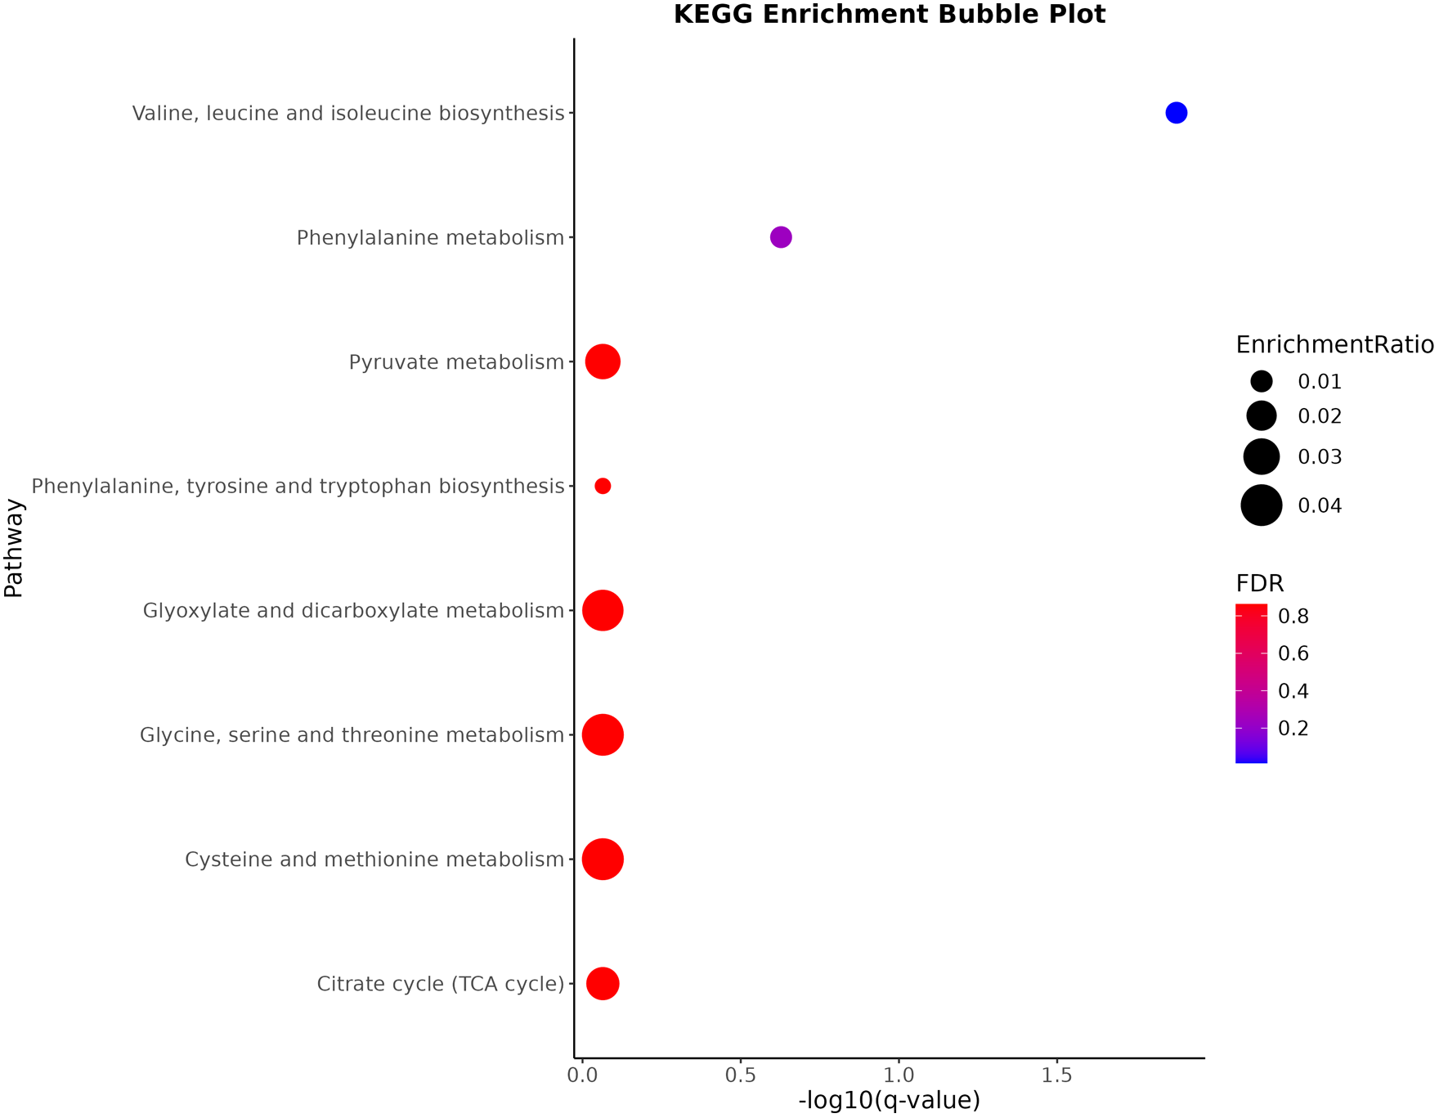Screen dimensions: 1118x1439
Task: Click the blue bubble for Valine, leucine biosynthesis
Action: point(1176,113)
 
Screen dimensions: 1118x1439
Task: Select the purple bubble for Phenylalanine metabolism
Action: point(781,237)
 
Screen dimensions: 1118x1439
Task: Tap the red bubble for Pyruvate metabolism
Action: point(603,361)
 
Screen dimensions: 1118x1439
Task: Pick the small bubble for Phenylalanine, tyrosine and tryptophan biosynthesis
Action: point(603,486)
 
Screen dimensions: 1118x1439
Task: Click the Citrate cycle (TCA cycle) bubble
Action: point(603,983)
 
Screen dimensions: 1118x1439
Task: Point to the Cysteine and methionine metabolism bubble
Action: point(603,860)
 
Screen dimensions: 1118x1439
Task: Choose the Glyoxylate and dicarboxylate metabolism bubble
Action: point(603,610)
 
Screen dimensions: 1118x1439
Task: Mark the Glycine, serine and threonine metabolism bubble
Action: point(603,734)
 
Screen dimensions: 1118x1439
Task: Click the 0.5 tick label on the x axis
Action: point(740,1075)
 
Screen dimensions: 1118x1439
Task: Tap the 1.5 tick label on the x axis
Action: point(1057,1075)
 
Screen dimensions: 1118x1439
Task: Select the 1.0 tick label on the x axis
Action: point(899,1075)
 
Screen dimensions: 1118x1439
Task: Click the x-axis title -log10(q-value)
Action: point(889,1101)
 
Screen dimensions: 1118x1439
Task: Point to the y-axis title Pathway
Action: point(14,548)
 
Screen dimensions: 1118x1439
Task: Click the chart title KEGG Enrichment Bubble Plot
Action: point(889,15)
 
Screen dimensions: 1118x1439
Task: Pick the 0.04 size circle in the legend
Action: point(1262,505)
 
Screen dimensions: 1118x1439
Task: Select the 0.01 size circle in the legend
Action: point(1262,381)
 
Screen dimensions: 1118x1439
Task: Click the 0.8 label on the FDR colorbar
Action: point(1293,617)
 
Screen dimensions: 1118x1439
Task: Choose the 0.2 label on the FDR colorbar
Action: point(1293,729)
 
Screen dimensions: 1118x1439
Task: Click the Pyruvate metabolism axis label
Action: point(456,362)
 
